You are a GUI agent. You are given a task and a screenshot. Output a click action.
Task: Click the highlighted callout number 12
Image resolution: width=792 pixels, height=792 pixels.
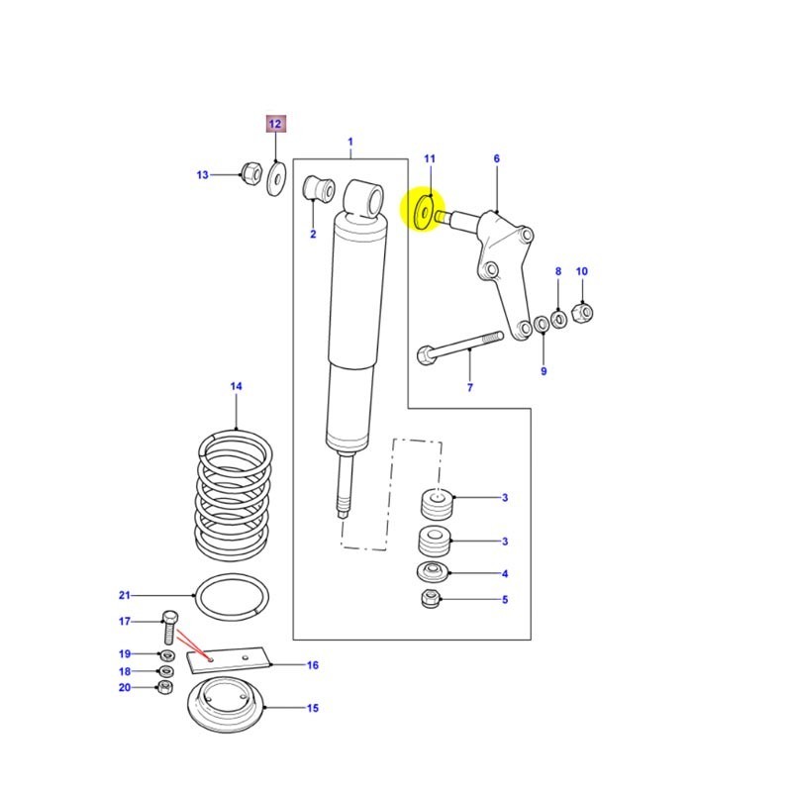coord(274,124)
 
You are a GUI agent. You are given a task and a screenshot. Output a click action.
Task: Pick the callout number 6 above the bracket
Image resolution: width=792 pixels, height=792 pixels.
coord(496,158)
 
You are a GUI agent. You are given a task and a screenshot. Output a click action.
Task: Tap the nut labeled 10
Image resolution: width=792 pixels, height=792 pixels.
coord(583,312)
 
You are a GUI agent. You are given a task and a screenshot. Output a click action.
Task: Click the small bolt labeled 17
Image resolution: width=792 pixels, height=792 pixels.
coord(168,630)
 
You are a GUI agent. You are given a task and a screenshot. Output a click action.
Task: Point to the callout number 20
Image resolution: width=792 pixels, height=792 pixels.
coord(125,687)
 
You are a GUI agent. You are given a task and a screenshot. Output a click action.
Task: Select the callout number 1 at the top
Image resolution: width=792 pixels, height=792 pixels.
coord(349,144)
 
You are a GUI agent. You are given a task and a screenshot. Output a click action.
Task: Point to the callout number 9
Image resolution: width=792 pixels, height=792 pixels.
coord(543,371)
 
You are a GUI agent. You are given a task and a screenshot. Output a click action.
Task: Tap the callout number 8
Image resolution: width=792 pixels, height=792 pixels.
coord(557,271)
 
